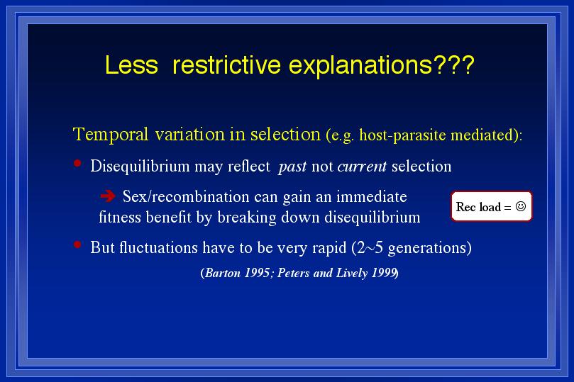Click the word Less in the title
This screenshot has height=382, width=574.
[131, 65]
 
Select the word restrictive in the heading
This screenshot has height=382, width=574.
[226, 65]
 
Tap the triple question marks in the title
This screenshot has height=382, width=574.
[454, 65]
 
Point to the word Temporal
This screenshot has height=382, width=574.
[111, 135]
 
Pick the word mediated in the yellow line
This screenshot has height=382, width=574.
[483, 135]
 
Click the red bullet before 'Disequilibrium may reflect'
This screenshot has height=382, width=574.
[77, 163]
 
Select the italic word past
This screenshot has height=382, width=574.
[292, 167]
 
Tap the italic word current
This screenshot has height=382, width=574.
[362, 167]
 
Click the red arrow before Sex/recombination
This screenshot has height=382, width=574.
[108, 196]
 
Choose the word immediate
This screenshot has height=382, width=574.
[372, 196]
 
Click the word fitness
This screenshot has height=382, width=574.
[120, 217]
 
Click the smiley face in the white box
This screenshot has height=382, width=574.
[521, 206]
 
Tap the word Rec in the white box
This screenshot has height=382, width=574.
[465, 207]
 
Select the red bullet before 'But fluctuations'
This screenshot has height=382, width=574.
[77, 245]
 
